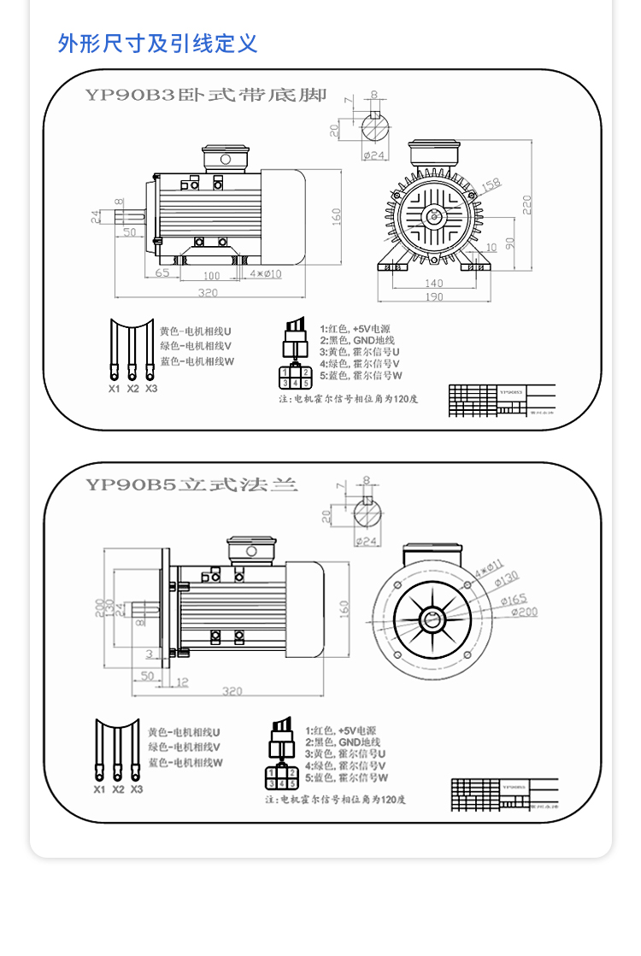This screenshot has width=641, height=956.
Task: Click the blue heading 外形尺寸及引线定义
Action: [157, 43]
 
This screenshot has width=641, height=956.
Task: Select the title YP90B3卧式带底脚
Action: [206, 95]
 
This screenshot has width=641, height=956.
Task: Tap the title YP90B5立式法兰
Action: [191, 484]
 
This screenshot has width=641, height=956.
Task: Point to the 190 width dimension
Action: [433, 296]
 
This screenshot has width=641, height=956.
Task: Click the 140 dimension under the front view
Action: [433, 283]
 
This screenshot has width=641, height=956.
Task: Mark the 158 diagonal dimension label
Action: [491, 185]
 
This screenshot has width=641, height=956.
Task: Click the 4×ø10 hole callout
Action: [265, 274]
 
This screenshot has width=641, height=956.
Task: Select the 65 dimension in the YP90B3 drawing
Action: [162, 274]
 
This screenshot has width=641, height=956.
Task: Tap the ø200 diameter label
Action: [525, 612]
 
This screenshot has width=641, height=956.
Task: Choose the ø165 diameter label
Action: [519, 599]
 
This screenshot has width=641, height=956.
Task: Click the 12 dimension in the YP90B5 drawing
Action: [181, 681]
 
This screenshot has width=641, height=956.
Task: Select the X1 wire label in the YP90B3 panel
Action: [114, 389]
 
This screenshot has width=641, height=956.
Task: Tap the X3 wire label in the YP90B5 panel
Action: [137, 789]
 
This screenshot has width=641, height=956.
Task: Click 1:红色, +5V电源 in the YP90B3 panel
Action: [355, 328]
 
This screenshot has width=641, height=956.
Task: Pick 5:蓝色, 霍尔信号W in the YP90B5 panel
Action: [346, 778]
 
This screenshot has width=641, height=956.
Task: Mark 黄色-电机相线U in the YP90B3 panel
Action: [196, 331]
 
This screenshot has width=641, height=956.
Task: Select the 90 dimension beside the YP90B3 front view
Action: [509, 243]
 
